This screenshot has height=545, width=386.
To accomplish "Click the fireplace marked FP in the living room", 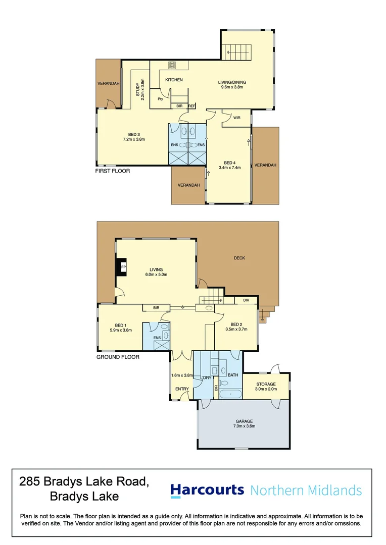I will [122, 266].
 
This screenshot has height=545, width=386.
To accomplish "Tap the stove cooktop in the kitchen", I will [172, 65].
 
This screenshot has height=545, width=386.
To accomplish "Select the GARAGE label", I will [244, 421].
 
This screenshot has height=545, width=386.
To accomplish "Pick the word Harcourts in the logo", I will [207, 490].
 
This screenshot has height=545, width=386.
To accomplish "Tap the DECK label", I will [239, 258].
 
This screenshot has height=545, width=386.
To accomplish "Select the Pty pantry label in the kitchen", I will [160, 99].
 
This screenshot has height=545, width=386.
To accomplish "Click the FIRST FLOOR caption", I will [113, 171].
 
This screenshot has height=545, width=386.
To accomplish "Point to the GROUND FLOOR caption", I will [118, 357].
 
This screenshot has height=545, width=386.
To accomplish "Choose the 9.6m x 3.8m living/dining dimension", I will [232, 87].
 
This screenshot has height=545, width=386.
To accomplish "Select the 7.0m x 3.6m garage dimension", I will [244, 426].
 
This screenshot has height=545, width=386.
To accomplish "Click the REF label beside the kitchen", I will [191, 106].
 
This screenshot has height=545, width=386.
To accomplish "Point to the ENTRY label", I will [182, 389].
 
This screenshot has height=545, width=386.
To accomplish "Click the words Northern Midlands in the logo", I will [306, 490].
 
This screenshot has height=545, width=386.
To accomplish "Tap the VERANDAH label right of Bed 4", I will [265, 165].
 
